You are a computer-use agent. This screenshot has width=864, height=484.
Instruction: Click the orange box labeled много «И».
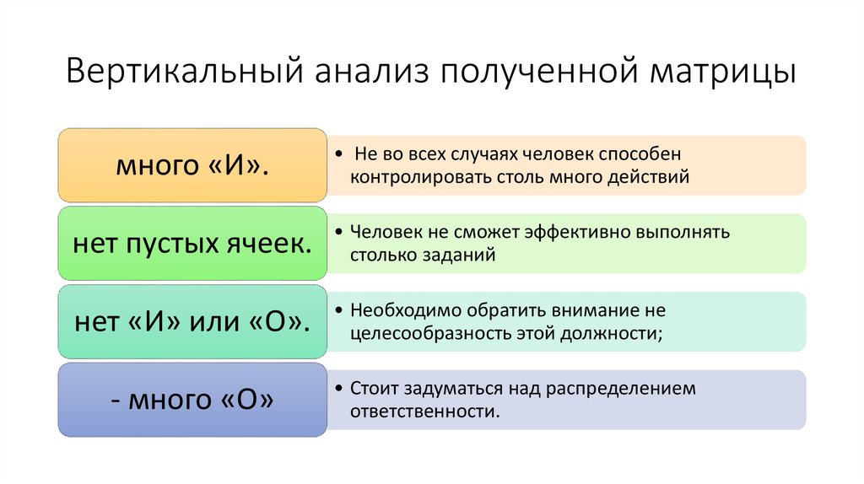tap(192, 165)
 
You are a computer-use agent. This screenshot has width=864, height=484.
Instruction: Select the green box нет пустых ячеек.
tap(192, 244)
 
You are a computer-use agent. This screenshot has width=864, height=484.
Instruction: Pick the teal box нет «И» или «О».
tap(192, 322)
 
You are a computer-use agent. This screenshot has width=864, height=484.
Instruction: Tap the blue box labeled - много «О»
tap(192, 401)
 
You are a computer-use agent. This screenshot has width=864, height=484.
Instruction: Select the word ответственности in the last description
tap(424, 411)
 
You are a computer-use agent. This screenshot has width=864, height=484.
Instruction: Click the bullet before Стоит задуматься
tap(338, 389)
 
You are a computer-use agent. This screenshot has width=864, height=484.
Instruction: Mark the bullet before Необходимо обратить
tap(338, 310)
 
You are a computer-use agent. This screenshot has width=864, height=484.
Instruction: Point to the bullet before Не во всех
tap(338, 154)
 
